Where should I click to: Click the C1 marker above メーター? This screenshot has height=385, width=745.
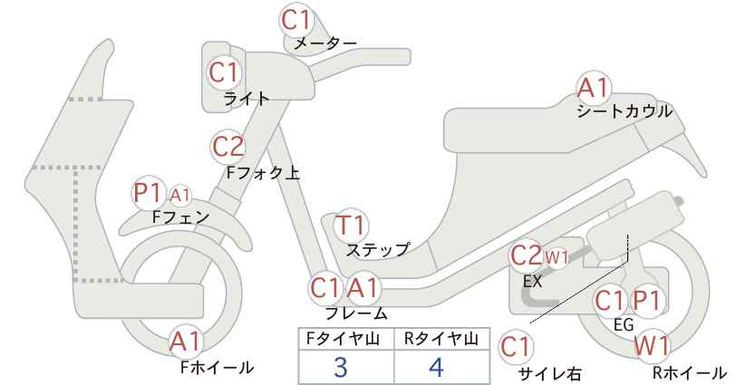pos(295,20)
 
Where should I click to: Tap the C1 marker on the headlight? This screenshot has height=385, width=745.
pos(224,72)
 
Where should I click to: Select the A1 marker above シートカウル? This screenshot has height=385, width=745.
pos(593,88)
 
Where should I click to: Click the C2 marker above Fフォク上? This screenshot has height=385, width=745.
pos(228,147)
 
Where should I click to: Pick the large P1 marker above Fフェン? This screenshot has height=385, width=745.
pos(149,193)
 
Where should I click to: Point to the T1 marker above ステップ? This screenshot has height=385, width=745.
pos(351,225)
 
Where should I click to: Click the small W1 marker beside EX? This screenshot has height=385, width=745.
pos(556,258)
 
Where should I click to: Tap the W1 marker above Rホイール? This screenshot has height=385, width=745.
pos(652,346)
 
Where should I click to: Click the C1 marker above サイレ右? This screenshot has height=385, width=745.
pos(516,348)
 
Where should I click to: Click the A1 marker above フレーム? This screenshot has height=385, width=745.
pos(363,288)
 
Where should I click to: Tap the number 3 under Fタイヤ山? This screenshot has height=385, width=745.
pos(341,368)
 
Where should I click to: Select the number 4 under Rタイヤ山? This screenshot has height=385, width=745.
pos(436,367)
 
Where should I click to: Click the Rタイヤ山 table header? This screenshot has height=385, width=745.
pos(441,339)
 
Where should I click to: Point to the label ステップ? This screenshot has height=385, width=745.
pos(377,250)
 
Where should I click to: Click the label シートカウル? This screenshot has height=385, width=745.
pos(624,111)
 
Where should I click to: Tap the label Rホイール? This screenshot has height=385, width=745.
pos(690,372)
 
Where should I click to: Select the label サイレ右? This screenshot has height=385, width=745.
pos(550,374)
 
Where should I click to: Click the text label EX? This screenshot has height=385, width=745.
pos(533,282)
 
